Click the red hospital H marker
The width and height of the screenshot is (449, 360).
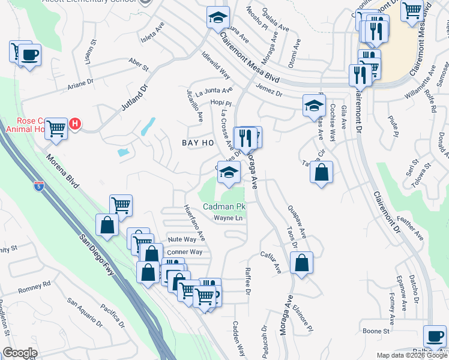[75, 124]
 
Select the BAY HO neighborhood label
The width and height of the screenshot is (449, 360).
[198, 143]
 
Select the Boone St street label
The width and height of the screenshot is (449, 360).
[376, 331]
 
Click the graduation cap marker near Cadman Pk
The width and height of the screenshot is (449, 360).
[228, 172]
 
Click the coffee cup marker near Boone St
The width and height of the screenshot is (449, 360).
[435, 335]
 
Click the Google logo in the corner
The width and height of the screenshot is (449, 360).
[20, 353]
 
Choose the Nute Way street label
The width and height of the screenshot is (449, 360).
[182, 239]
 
